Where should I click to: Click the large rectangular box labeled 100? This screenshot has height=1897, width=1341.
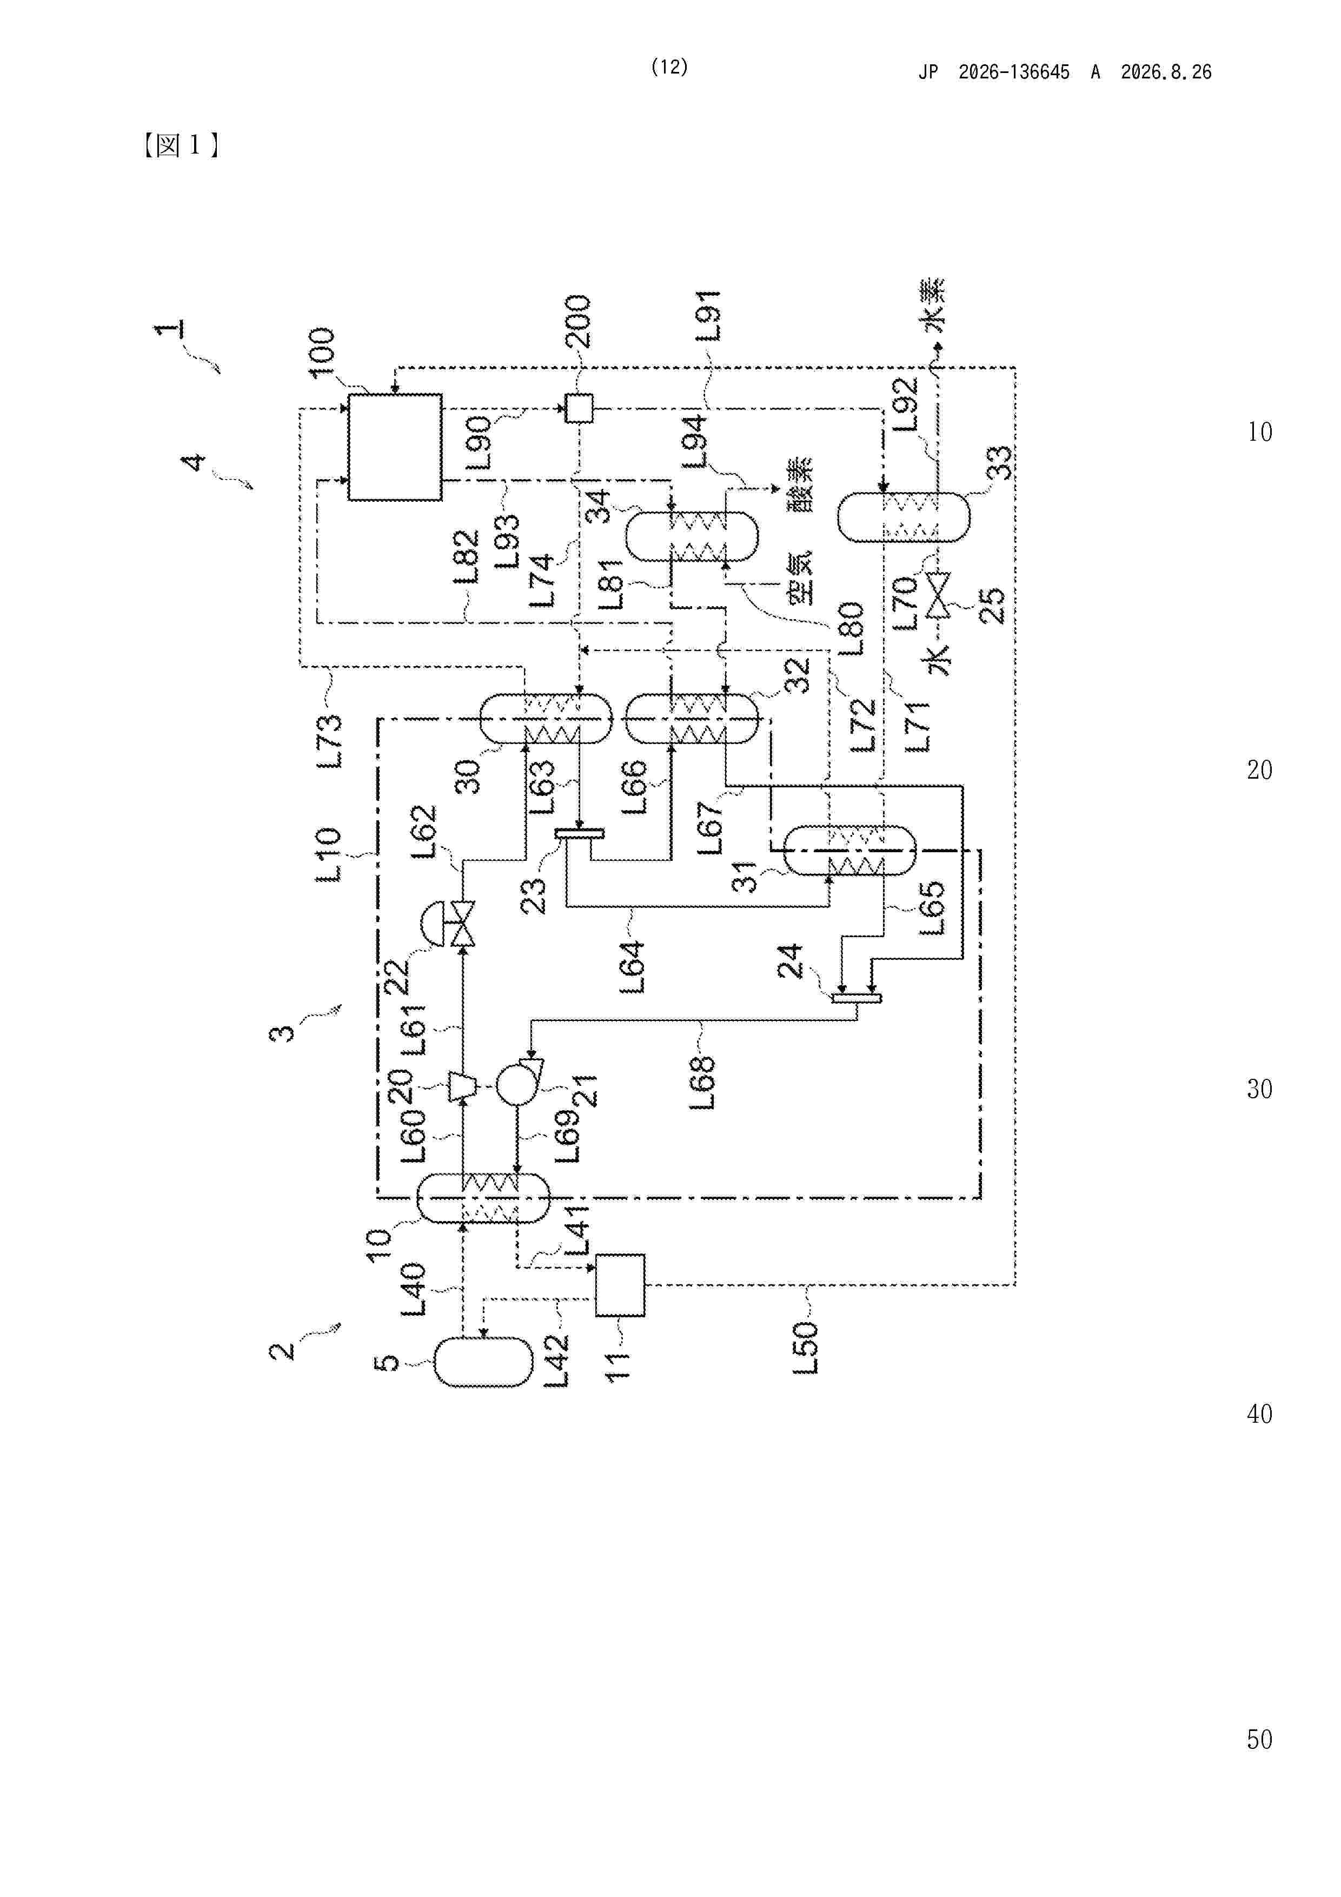coord(394,447)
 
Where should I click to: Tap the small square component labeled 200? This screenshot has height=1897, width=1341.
coord(579,408)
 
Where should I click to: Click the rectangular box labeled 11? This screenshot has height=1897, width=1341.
coord(620,1285)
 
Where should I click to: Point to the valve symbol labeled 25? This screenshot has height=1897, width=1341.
coord(938,595)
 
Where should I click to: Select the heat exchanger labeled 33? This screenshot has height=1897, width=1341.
coord(904,517)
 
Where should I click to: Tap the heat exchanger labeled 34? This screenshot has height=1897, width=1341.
coord(691,537)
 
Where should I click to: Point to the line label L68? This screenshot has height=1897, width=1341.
coord(701,1083)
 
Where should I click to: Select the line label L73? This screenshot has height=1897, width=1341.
coord(328,741)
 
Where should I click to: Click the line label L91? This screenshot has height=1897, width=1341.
coord(708,316)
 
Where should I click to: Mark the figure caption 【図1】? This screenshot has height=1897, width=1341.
coord(181,146)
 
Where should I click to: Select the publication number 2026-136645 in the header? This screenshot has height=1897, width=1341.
coord(1014,72)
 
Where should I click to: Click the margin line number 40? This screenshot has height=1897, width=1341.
coord(1259,1414)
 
